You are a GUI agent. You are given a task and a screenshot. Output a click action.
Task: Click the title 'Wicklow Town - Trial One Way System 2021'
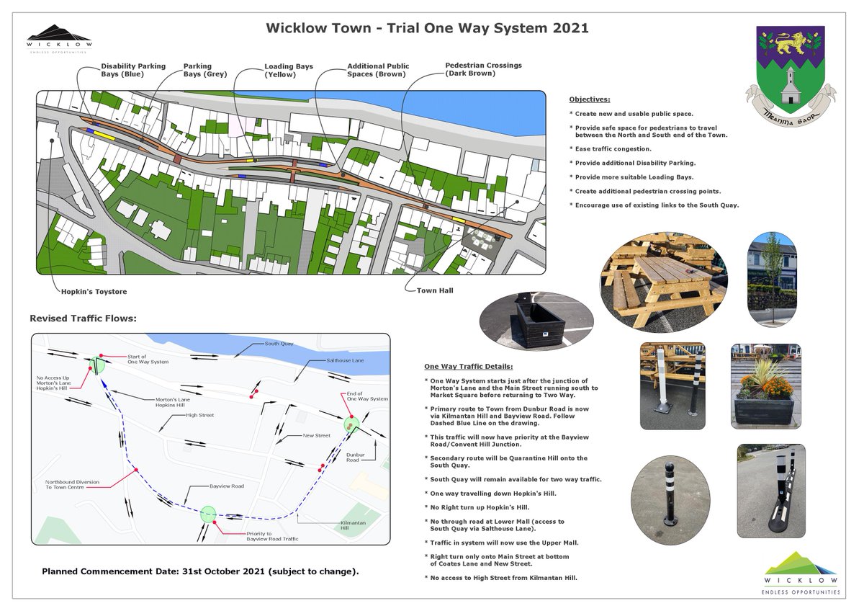(427, 29)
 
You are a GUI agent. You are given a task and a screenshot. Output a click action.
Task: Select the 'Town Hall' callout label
(434, 290)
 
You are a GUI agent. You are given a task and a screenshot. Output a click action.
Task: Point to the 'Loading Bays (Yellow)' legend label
(289, 71)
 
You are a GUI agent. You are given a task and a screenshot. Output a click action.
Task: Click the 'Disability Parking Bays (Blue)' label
(132, 70)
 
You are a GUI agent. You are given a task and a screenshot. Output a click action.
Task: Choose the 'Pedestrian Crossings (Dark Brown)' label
(483, 69)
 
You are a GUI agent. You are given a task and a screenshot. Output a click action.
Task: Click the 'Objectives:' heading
(589, 99)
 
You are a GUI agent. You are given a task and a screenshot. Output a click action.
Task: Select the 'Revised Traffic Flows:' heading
(83, 318)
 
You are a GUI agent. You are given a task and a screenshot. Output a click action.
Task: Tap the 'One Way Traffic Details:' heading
(469, 366)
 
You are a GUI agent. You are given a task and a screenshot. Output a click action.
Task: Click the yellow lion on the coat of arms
(790, 43)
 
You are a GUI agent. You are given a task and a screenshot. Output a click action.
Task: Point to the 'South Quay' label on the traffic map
(279, 344)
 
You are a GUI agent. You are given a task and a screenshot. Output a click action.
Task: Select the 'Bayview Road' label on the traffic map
(226, 486)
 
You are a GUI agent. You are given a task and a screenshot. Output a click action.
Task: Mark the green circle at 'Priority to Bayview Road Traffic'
(208, 514)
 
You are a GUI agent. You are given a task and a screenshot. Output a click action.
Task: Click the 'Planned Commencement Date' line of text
(200, 571)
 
